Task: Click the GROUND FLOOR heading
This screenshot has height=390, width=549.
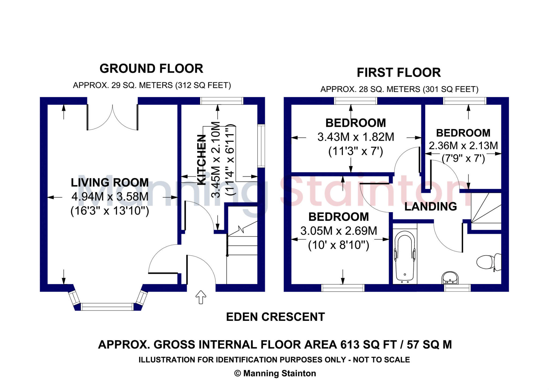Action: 151,69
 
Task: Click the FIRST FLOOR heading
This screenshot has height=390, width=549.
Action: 399,73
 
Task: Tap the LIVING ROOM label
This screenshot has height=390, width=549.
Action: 110,183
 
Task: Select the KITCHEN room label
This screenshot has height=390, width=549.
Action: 202,160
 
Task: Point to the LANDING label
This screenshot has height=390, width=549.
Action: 431,207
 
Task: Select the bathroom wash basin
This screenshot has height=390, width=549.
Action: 450,278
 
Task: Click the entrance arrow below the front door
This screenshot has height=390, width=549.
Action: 201,297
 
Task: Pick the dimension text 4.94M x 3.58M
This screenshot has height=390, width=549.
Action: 110,197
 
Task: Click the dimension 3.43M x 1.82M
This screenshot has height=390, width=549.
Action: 356,137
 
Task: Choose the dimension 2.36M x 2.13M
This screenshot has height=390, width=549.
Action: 463,146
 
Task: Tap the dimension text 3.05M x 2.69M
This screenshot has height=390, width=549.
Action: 339,231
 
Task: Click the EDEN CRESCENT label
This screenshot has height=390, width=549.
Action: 275,317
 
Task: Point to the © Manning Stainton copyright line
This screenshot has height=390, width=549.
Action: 275,373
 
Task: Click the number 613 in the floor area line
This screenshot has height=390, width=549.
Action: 350,345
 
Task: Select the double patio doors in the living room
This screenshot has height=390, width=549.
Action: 112,117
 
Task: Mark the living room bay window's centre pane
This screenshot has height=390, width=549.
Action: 107,307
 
